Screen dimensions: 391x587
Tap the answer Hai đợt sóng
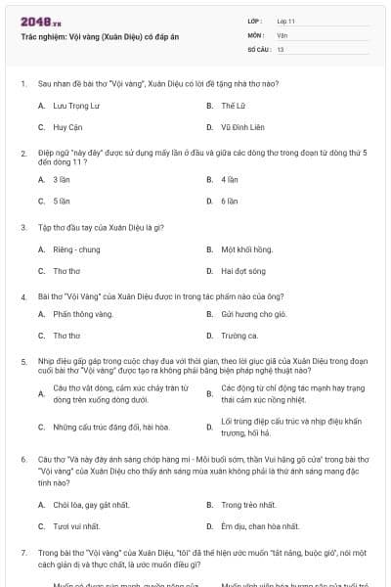point(240,272)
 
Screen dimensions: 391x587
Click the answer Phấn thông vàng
point(83,314)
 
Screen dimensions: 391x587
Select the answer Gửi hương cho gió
point(253,314)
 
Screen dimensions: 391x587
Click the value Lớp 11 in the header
point(285,21)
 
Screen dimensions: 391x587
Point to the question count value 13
point(281,48)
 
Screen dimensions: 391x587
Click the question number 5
point(23,360)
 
